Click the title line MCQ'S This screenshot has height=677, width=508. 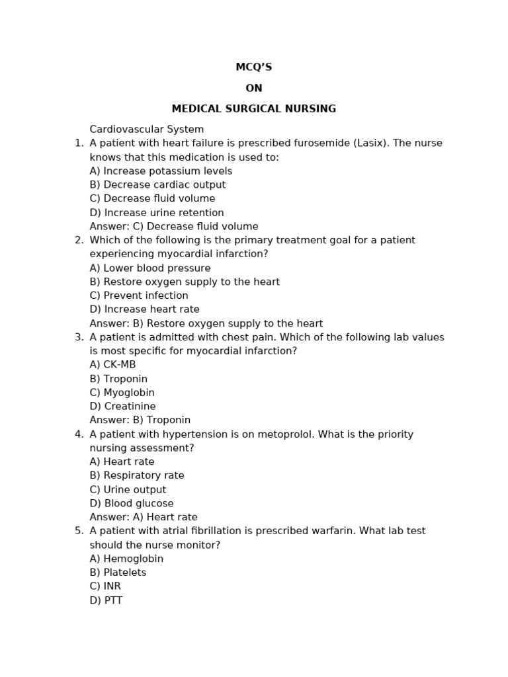(254, 67)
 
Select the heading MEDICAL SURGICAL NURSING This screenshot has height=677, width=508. (254, 109)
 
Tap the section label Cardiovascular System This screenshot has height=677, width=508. (147, 130)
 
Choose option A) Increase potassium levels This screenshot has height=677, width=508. (161, 171)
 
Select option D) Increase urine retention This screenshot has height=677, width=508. (157, 213)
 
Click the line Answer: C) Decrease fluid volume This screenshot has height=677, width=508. (174, 227)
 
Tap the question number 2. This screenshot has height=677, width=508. (79, 241)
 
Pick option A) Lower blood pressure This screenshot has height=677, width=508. (150, 268)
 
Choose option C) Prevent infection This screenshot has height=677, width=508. (139, 296)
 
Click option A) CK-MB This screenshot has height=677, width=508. (112, 365)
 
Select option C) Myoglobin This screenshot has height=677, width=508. (122, 393)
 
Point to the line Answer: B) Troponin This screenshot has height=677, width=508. (140, 420)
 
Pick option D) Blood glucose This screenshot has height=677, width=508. (132, 504)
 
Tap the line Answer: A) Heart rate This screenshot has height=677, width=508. (144, 518)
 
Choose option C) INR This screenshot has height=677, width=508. (105, 586)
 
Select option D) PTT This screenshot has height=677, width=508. (106, 601)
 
